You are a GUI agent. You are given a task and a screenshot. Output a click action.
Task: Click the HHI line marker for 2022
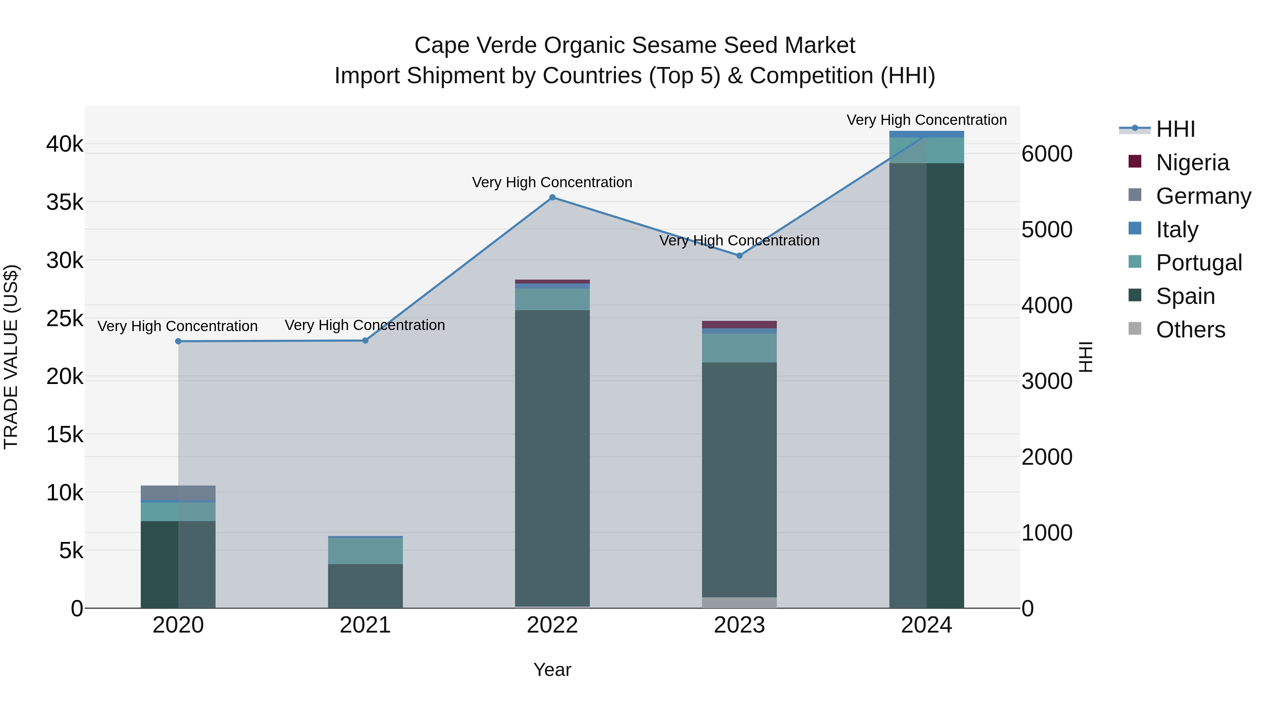pyautogui.click(x=552, y=197)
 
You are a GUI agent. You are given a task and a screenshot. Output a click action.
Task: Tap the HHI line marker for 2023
pyautogui.click(x=739, y=256)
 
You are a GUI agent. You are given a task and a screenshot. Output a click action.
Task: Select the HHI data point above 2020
pyautogui.click(x=179, y=341)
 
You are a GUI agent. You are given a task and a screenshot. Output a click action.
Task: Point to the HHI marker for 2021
pyautogui.click(x=365, y=341)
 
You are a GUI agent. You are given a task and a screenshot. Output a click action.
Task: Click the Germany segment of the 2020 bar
pyautogui.click(x=178, y=493)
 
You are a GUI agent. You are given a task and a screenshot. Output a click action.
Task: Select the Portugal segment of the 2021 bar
pyautogui.click(x=365, y=551)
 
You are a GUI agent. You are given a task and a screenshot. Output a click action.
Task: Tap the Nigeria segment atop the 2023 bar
pyautogui.click(x=739, y=325)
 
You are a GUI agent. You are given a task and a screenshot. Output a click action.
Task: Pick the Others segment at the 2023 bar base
pyautogui.click(x=739, y=602)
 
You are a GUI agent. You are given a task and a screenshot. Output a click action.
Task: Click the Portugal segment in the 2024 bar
pyautogui.click(x=926, y=150)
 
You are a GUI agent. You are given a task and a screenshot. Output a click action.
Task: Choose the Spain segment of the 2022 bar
pyautogui.click(x=552, y=458)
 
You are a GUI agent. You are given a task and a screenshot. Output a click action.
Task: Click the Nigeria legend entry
pyautogui.click(x=1192, y=163)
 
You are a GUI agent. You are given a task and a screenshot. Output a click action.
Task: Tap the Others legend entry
pyautogui.click(x=1190, y=330)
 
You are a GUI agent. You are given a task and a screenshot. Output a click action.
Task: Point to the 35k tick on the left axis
pyautogui.click(x=65, y=202)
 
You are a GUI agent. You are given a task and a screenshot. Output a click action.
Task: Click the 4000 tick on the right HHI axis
pyautogui.click(x=1046, y=305)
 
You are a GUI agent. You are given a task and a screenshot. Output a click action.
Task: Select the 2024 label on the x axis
pyautogui.click(x=926, y=625)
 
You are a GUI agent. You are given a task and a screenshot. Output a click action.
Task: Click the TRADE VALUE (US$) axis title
pyautogui.click(x=11, y=357)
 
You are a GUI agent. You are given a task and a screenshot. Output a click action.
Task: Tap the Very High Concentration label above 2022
pyautogui.click(x=552, y=182)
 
